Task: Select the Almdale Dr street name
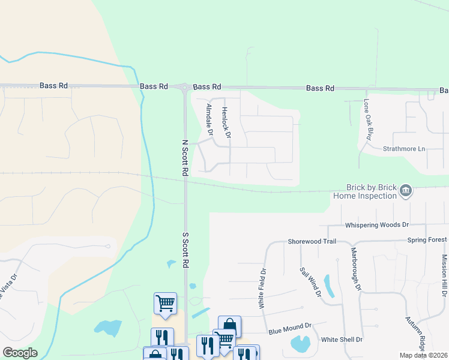coord(209,120)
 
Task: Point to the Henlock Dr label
coord(226,122)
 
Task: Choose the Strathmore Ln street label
coord(404,148)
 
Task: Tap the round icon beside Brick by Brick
coord(406,191)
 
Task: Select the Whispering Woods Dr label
coord(376,225)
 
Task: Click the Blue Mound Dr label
coord(290,328)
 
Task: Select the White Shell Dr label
coord(342,340)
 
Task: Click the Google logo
coord(20,353)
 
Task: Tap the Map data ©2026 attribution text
coord(424,355)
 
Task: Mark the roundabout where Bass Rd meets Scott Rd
coord(184,88)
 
